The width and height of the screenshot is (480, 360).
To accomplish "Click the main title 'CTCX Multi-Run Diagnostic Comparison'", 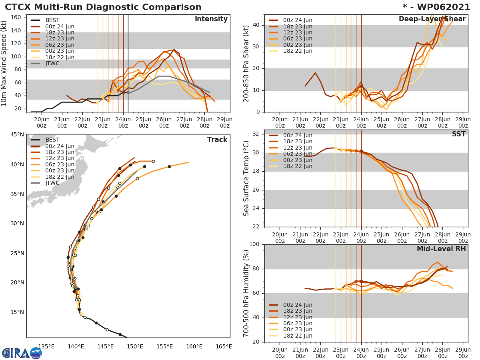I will pos(103,7).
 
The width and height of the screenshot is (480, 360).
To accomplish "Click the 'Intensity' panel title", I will pos(211,19).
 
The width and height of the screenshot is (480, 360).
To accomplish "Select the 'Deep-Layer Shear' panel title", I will pos(432,19).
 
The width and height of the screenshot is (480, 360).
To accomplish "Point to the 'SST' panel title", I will pos(459,134).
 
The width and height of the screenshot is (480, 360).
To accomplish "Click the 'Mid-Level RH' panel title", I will pos(441,249).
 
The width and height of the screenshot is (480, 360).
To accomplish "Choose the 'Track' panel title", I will pos(217,140).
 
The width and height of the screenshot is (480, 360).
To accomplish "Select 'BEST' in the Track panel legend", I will pos(52,140).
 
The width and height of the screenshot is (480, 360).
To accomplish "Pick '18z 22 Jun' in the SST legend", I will pos(298,166).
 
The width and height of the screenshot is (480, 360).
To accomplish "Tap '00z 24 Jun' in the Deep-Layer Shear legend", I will pos(298,20).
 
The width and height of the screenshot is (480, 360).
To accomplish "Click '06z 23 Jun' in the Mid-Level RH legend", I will pos(298,323).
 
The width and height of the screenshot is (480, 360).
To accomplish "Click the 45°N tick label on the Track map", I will pos(17,135).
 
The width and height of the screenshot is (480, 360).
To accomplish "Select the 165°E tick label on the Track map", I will pos(223,346).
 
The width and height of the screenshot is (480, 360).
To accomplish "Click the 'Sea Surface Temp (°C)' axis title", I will pos(246,178).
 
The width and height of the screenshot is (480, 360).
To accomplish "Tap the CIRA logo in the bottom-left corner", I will pos(22,353).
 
